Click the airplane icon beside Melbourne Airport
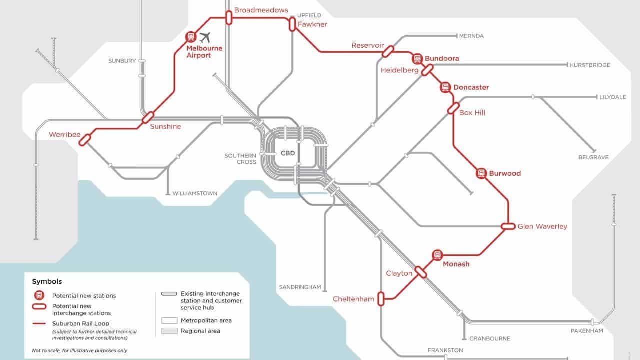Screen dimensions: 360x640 pos(205,37)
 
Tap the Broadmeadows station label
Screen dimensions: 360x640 pos(261,10)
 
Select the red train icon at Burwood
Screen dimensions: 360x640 pos(481,173)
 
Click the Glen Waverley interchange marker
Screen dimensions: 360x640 pos(508,226)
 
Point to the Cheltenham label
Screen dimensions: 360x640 pos(353,299)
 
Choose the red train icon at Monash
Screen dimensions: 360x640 pos(437,255)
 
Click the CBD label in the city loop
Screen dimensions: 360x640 pos(288,153)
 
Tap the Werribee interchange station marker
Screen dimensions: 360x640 pos(84,139)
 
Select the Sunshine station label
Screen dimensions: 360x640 pos(165,126)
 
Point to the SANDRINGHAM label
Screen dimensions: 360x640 pos(299,287)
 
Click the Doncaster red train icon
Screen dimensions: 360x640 pos(445,88)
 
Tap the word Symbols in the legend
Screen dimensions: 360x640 pos(47,282)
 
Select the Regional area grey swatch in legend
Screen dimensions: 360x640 pos(169,331)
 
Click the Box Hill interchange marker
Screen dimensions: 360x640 pos(453,108)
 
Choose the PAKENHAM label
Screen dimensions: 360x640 pos(587,331)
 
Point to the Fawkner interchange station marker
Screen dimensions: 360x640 pos(292,24)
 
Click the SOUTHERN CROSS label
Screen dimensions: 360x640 pos(240,159)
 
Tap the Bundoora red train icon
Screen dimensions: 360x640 pos(417,59)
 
